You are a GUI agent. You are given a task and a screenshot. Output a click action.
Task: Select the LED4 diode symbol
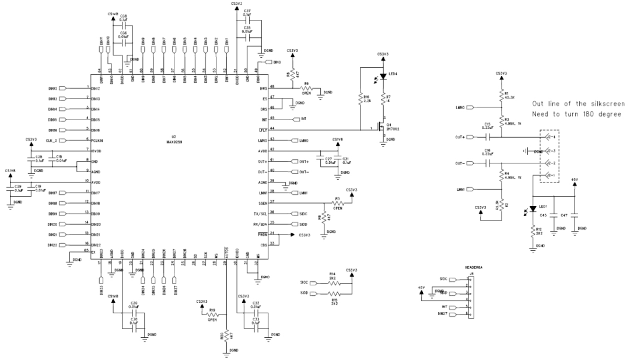[383, 75]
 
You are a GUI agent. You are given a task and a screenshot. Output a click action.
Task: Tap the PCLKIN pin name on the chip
[98, 141]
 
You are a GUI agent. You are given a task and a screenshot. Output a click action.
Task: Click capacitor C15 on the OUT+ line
[488, 137]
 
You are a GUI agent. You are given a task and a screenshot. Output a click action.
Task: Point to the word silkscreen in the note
[603, 103]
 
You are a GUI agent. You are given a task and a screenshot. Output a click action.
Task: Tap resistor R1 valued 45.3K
[502, 96]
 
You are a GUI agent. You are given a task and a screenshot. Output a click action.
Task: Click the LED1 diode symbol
[533, 209]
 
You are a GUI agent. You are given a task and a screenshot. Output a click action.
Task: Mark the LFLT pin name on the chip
[262, 130]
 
